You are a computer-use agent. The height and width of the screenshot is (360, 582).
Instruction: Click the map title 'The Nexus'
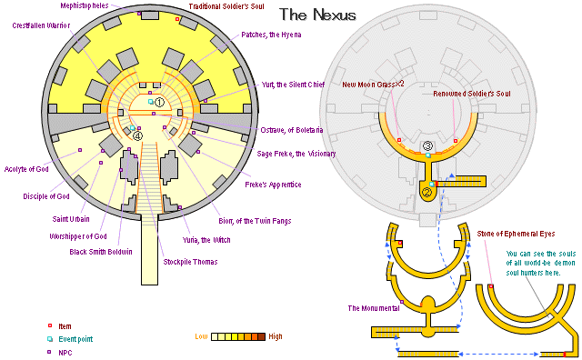click(x=317, y=15)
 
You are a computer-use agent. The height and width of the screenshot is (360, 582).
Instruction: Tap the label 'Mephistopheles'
click(x=90, y=5)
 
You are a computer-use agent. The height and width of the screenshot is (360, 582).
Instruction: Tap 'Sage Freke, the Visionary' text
click(x=297, y=154)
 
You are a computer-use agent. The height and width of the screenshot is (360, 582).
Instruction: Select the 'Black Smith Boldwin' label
click(x=102, y=252)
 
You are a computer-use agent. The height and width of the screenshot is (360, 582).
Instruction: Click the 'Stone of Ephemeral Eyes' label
click(x=522, y=235)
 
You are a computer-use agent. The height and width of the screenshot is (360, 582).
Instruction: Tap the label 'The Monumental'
click(x=373, y=308)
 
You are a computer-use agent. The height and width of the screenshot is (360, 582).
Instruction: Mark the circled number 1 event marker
click(x=159, y=102)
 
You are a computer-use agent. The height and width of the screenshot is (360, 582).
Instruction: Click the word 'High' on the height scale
click(x=275, y=336)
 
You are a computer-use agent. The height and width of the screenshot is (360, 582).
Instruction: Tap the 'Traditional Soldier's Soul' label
click(x=234, y=6)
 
